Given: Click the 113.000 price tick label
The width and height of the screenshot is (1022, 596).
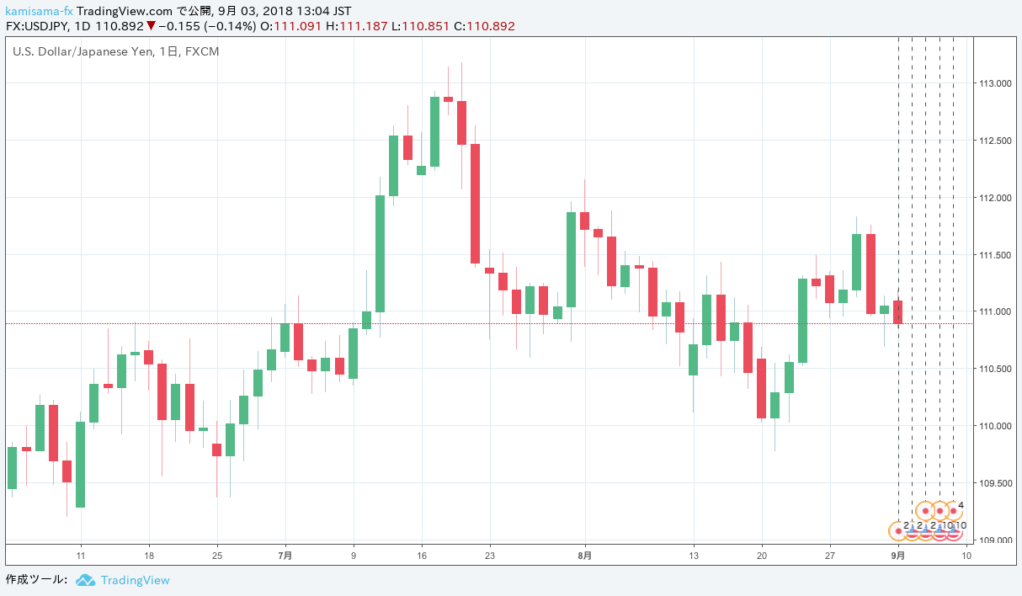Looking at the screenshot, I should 994,83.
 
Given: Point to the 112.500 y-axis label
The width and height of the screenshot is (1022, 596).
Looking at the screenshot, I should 994,141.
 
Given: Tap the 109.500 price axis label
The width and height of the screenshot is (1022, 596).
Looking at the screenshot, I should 994,483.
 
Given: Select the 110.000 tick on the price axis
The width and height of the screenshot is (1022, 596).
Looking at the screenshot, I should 994,426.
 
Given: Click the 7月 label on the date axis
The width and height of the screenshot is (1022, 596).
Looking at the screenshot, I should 285,556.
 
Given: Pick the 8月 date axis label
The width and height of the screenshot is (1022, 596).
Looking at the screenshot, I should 584,556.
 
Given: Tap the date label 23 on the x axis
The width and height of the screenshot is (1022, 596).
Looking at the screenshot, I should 489,556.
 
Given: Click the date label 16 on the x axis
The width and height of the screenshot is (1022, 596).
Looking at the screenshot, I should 422,556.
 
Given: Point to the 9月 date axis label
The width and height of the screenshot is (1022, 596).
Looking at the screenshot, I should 899,556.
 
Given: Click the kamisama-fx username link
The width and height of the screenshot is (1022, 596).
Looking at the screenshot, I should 39,11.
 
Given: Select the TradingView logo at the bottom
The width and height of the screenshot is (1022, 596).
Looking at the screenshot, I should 122,580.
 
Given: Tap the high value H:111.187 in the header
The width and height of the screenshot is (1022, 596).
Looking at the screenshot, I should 358,26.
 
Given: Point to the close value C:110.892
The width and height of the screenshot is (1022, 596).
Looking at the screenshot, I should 484,26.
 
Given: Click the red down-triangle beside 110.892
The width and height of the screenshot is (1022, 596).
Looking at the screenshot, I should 151,26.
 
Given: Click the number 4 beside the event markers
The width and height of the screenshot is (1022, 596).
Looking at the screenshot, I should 961,506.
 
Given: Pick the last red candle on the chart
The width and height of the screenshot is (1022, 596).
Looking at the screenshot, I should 898,311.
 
